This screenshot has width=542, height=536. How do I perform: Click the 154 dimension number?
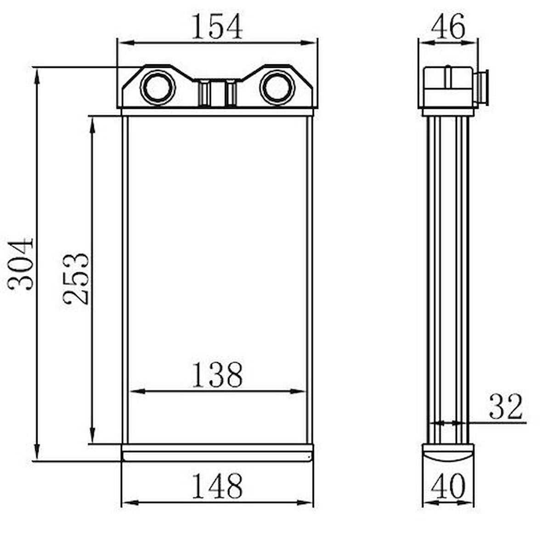tap(217, 26)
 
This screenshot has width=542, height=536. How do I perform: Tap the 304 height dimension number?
tap(21, 264)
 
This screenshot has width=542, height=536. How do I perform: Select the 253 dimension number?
tap(76, 279)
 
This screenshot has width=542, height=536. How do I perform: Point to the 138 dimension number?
tap(217, 374)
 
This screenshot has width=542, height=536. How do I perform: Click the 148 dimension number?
tap(217, 486)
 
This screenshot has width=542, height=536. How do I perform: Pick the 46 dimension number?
tap(448, 26)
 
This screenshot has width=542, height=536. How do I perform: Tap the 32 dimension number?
tap(505, 406)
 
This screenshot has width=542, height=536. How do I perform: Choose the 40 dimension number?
tap(448, 486)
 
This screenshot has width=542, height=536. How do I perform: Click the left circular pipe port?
tap(158, 87)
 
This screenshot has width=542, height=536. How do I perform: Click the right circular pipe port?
tap(277, 87)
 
